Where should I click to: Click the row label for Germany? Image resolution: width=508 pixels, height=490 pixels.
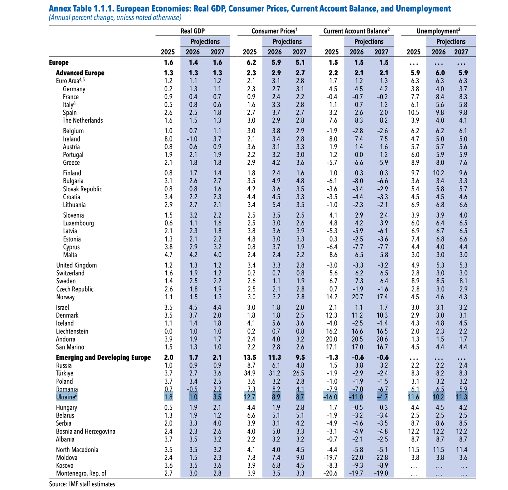coord(74,89)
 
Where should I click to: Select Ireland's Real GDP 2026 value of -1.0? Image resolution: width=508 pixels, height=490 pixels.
coord(191,139)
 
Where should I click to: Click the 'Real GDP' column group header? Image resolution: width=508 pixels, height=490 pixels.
coord(192,31)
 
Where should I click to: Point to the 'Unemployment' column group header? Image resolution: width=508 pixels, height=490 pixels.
coord(438,31)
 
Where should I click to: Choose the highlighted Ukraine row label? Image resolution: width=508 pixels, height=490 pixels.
coord(66,397)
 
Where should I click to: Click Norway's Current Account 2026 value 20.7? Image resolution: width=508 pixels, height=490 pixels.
coord(356,297)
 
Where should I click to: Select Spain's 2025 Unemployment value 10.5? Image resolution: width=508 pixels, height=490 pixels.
coord(413,113)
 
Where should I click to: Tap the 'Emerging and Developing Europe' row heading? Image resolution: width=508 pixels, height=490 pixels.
coord(103,357)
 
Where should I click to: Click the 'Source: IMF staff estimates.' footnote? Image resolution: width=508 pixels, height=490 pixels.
coord(83,484)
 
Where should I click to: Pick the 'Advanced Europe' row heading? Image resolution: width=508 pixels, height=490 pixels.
coord(80,73)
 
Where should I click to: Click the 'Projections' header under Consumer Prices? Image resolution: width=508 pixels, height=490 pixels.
coord(287,42)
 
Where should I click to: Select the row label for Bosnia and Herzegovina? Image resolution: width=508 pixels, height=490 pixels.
coord(86,432)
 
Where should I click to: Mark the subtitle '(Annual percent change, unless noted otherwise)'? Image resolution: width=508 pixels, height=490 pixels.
coord(115,18)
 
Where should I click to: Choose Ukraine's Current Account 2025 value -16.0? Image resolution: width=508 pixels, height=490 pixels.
coord(330,397)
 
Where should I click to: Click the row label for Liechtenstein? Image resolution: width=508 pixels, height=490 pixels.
coord(72,331)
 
